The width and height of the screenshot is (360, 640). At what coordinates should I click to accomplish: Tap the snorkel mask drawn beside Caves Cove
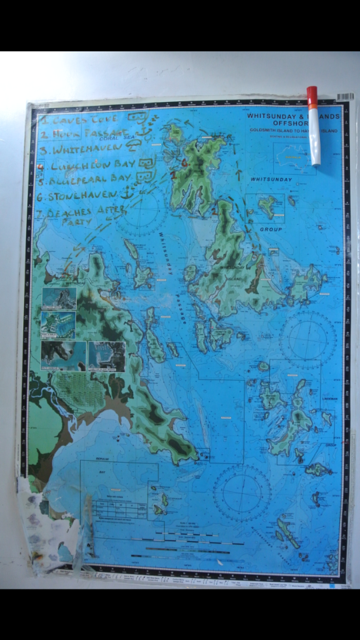coord(137,118)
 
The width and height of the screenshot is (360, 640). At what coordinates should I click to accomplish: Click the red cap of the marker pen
coord(312,97)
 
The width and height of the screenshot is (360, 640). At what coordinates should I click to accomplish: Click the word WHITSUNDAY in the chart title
coord(269,115)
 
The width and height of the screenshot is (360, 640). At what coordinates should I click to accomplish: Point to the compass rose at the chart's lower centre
coord(241,493)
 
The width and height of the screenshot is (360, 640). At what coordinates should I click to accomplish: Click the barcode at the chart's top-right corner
coord(344,97)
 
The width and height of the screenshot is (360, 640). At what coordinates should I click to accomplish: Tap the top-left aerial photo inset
coord(59,298)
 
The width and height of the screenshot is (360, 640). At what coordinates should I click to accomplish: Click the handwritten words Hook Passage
coord(83,134)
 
